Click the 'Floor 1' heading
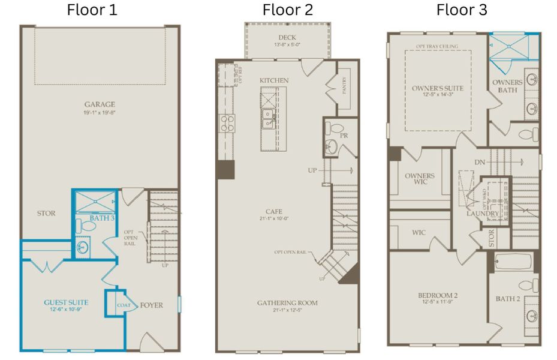click(x=92, y=10)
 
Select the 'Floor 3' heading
click(x=462, y=10)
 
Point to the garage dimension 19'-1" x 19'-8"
click(x=100, y=112)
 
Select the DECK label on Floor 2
click(x=286, y=37)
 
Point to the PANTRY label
click(x=345, y=89)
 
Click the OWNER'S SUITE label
click(x=438, y=88)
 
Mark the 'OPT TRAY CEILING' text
click(x=438, y=46)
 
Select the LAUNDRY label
click(x=483, y=214)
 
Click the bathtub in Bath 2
click(x=514, y=262)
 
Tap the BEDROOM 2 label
click(x=438, y=295)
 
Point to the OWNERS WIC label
click(x=420, y=179)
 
